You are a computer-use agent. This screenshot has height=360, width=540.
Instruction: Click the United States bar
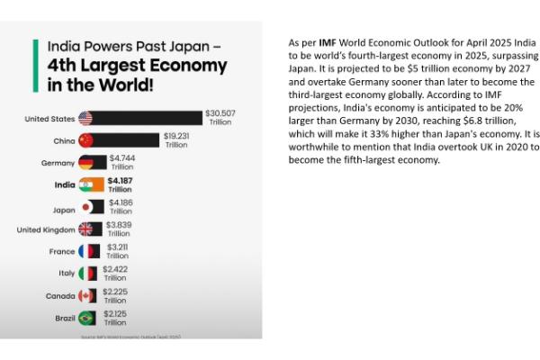tap(149, 118)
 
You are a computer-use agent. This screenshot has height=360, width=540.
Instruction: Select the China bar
tap(127, 140)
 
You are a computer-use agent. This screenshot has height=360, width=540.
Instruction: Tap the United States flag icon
tap(86, 118)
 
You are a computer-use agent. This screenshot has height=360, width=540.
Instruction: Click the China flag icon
tap(86, 140)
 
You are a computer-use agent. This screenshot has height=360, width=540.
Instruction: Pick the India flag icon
tap(86, 184)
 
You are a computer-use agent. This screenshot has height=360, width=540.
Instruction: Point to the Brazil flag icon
tap(86, 318)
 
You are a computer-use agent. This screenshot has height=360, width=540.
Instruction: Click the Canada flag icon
tap(86, 295)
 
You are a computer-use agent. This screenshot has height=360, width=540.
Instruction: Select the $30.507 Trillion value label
tap(220, 117)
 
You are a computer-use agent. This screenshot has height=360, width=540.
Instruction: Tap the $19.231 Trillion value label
tap(176, 139)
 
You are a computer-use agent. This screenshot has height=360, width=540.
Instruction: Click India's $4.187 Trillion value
tap(120, 184)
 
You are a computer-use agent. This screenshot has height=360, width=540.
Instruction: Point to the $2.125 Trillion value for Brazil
tap(114, 318)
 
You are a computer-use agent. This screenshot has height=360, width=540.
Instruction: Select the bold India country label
tap(64, 184)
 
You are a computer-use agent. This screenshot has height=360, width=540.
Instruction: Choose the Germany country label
tap(58, 163)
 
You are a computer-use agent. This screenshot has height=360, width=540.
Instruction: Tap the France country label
tap(62, 251)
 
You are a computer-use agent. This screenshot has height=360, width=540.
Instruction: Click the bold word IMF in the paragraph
tap(328, 42)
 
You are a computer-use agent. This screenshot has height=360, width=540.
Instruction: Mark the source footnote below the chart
tap(130, 336)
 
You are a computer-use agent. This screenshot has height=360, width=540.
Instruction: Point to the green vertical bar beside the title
tap(35, 67)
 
